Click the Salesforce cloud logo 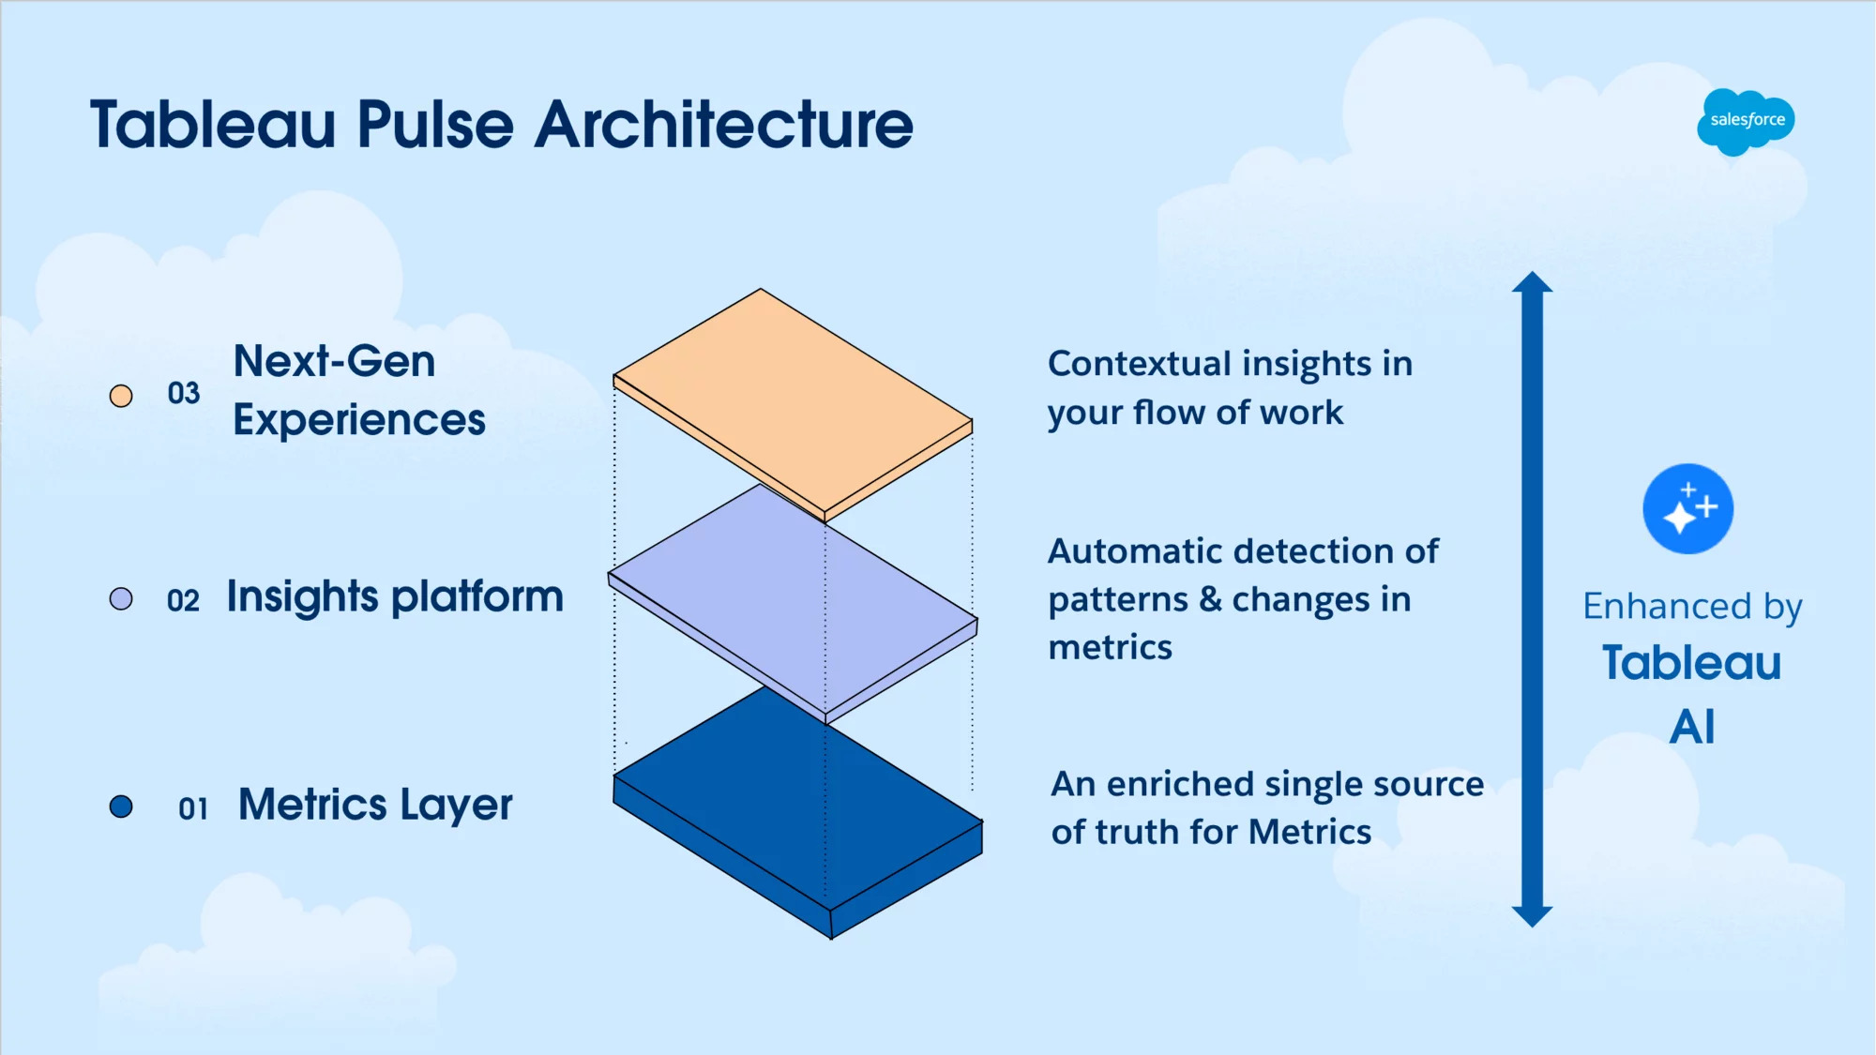1745,120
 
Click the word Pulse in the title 435,125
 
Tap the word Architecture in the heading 723,125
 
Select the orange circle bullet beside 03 121,396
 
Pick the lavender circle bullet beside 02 121,598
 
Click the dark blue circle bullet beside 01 121,806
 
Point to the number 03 184,393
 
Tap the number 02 183,600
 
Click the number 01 192,808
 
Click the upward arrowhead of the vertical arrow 1532,283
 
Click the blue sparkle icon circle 1687,509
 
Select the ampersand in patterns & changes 1210,599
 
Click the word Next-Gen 334,361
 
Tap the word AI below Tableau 1691,727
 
